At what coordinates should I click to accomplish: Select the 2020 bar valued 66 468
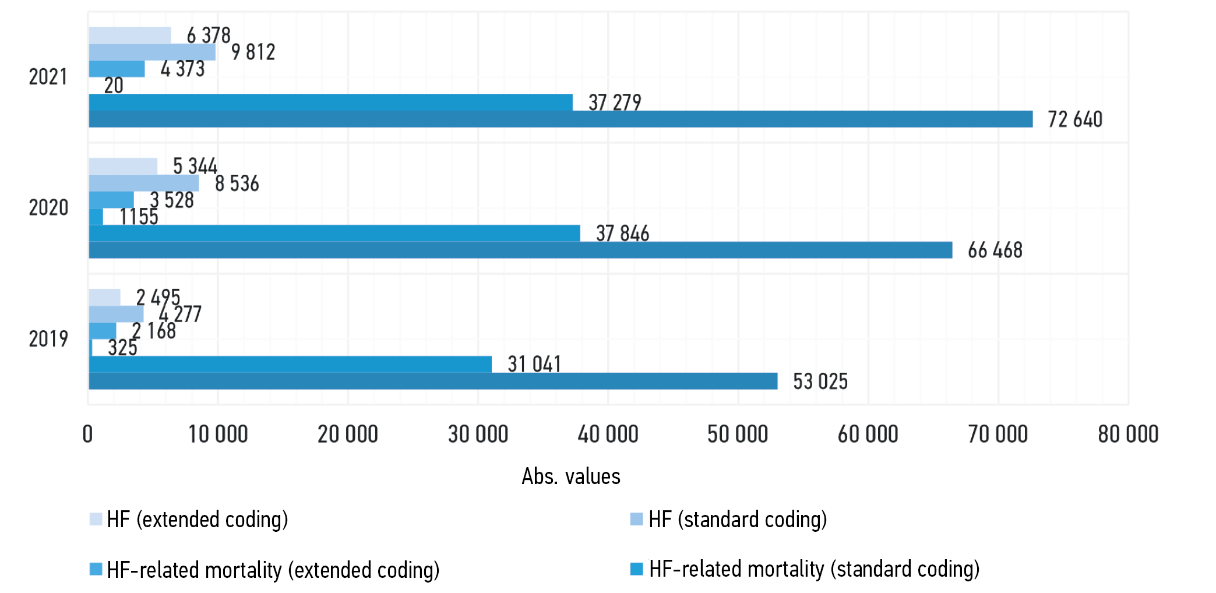[x=520, y=250]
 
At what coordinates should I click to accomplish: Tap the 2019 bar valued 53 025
[x=432, y=381]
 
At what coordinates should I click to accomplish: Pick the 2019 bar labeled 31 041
[x=290, y=364]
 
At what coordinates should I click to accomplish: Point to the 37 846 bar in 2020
[x=334, y=233]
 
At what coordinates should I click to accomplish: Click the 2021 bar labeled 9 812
[x=151, y=52]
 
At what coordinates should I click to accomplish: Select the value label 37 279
[x=615, y=103]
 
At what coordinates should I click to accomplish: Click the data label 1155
[x=139, y=217]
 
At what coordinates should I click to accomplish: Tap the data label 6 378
[x=209, y=36]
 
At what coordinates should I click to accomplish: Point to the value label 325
[x=122, y=348]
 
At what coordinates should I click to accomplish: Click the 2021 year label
[x=48, y=77]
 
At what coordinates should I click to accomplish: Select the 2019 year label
[x=48, y=338]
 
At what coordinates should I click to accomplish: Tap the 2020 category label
[x=48, y=207]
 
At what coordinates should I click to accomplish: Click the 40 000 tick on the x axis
[x=608, y=435]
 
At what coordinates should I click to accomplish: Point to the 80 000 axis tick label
[x=1128, y=435]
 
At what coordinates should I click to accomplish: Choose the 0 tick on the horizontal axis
[x=88, y=435]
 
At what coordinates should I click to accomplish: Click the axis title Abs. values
[x=570, y=476]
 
